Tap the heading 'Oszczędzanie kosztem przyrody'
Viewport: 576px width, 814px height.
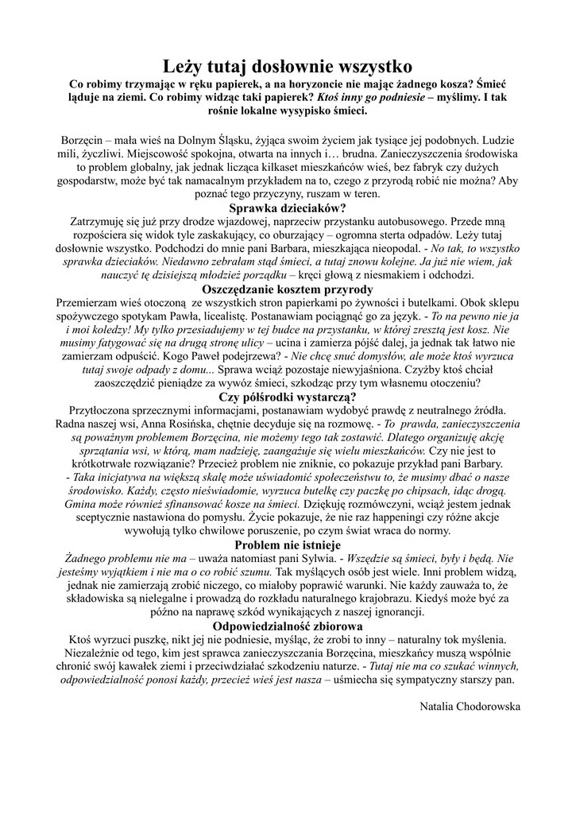click(x=288, y=289)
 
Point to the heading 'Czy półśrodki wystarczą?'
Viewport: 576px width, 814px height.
click(x=288, y=397)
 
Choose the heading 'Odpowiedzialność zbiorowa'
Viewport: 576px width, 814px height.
click(x=288, y=627)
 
